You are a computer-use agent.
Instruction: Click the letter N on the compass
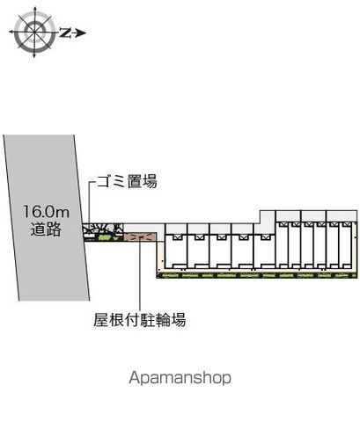point(65,33)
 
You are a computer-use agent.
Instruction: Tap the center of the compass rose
point(34,32)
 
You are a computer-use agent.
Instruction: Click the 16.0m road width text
point(47,212)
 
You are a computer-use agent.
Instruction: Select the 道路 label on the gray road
point(46,229)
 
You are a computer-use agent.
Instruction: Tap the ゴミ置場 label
point(127,181)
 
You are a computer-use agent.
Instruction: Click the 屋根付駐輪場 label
point(140,319)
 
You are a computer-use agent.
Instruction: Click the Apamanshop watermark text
point(180,378)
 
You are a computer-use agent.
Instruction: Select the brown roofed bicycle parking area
point(141,236)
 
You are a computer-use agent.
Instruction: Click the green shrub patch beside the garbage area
point(105,237)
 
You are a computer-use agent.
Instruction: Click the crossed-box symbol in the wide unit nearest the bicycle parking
point(176,237)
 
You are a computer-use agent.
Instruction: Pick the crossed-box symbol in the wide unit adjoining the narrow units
point(264,237)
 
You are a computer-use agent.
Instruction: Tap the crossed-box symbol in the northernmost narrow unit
point(345,225)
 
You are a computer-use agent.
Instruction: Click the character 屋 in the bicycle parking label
point(100,319)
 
